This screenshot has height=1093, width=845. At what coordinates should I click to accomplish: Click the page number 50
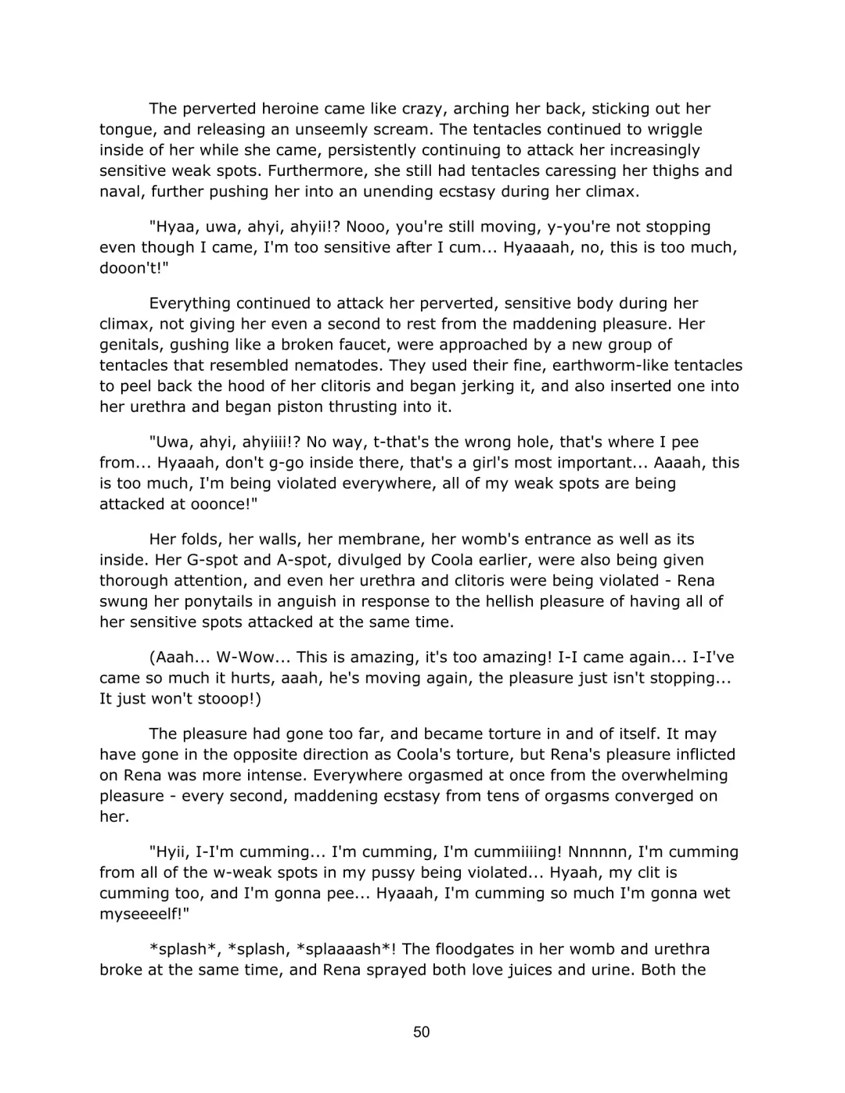421,1032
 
